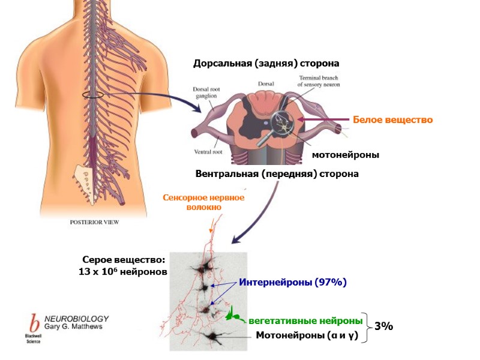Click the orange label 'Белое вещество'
tap(392, 120)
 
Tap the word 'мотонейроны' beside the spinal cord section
tap(346, 155)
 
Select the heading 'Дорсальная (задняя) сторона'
tap(266, 63)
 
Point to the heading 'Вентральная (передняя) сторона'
tap(277, 174)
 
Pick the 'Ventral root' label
tap(209, 152)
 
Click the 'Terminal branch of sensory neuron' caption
tap(320, 82)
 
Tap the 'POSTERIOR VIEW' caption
tap(95, 222)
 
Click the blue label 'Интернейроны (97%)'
tap(293, 281)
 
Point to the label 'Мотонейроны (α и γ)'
tap(307, 335)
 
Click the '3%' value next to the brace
tap(383, 326)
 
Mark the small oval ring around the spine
tap(92, 95)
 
